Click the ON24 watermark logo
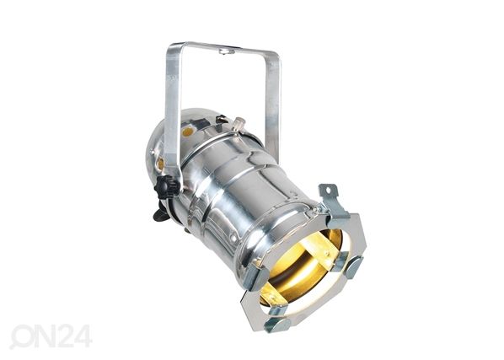(x=51, y=336)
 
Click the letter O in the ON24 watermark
(x=21, y=337)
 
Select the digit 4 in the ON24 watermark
(x=83, y=336)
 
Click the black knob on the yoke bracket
(x=167, y=186)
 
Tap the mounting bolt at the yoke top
(x=224, y=51)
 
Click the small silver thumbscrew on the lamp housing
(x=239, y=123)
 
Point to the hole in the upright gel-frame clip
(x=328, y=191)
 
